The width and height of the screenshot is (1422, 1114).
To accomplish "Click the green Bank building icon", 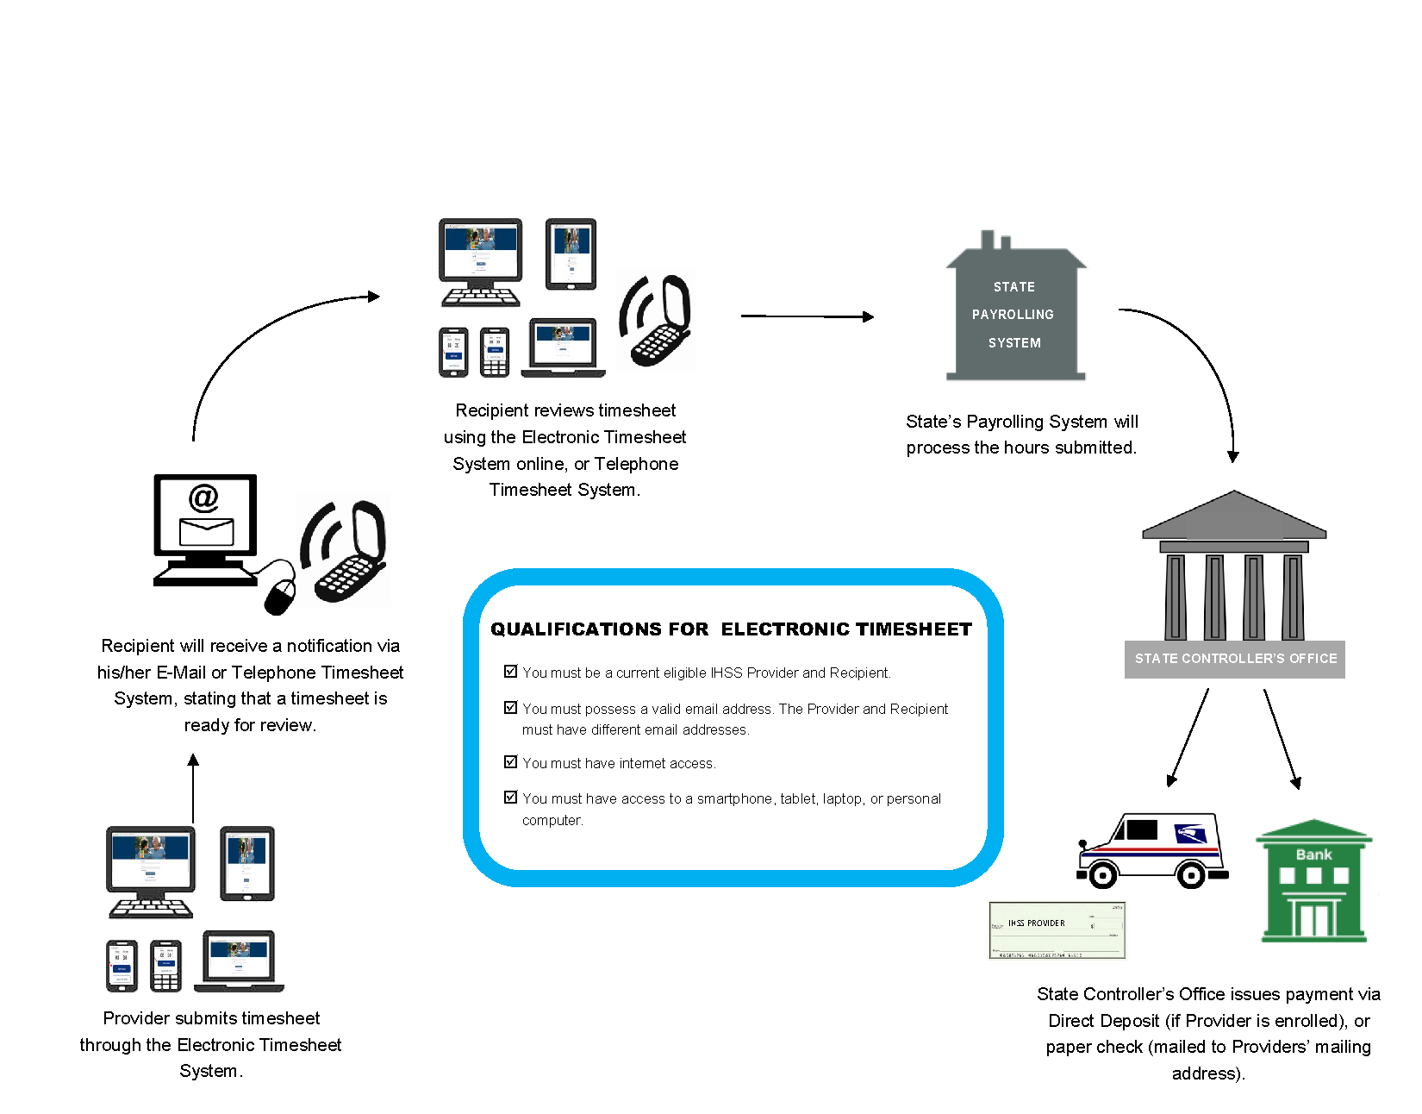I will pyautogui.click(x=1313, y=881).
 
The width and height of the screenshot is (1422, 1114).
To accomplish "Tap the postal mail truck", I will pyautogui.click(x=1152, y=849).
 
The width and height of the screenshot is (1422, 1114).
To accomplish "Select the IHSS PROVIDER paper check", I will pyautogui.click(x=1057, y=930).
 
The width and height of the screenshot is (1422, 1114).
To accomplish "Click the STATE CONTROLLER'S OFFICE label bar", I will pyautogui.click(x=1235, y=659).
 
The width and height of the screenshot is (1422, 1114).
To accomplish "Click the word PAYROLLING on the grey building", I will pyautogui.click(x=1013, y=315).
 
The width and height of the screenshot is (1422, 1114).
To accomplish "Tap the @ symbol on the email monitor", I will pyautogui.click(x=203, y=498).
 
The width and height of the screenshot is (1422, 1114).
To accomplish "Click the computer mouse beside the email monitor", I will pyautogui.click(x=280, y=595).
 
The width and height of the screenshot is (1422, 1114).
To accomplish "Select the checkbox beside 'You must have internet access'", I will pyautogui.click(x=510, y=762).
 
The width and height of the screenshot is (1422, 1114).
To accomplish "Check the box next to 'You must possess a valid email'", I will pyautogui.click(x=510, y=708).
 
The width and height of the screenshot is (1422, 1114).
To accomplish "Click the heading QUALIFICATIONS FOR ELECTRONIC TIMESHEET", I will pyautogui.click(x=731, y=629).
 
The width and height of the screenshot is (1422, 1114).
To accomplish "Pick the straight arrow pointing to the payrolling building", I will pyautogui.click(x=808, y=316).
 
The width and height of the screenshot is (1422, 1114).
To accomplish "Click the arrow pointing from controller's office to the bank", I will pyautogui.click(x=1281, y=738).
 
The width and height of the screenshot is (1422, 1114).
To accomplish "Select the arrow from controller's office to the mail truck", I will pyautogui.click(x=1189, y=738).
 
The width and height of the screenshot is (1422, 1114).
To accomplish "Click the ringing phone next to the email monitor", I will pyautogui.click(x=345, y=552).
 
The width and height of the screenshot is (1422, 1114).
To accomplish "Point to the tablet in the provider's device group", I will pyautogui.click(x=247, y=863).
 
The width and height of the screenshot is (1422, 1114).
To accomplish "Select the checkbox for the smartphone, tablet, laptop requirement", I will pyautogui.click(x=510, y=798).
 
